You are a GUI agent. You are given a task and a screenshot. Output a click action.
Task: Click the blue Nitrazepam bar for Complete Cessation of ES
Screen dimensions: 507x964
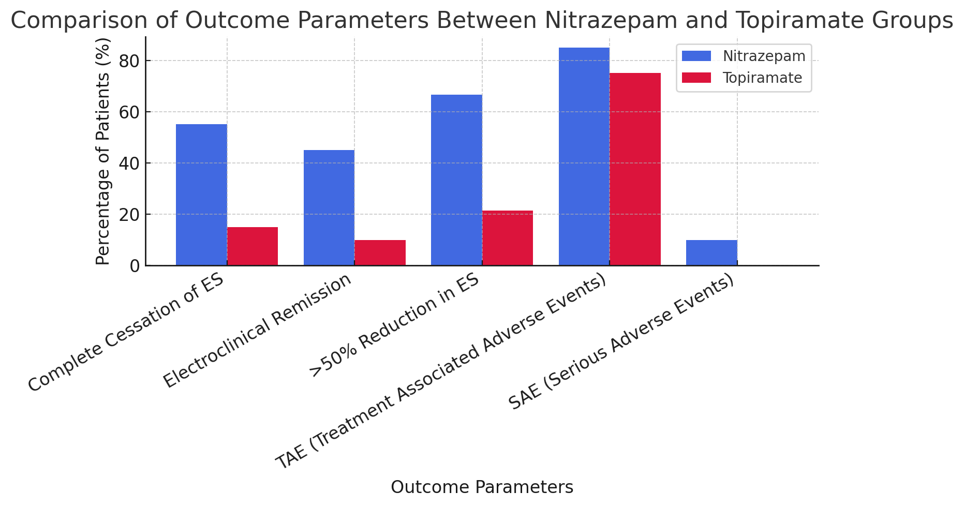pos(201,195)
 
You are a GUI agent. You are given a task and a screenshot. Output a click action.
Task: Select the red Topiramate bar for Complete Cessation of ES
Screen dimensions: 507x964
pos(253,246)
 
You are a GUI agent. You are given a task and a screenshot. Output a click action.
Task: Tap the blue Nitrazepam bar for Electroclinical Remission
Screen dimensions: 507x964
pos(329,207)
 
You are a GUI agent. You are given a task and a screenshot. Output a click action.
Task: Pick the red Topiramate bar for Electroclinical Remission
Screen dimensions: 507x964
pos(380,252)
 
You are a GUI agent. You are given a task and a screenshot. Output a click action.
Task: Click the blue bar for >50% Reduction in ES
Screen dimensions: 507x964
pos(456,180)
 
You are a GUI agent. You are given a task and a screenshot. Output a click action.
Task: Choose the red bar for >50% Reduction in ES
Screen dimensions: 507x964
pos(508,238)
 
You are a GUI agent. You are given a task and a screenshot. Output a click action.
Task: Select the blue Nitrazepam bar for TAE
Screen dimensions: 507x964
pos(584,156)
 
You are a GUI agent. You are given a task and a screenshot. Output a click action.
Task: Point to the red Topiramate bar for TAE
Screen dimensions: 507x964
pos(635,169)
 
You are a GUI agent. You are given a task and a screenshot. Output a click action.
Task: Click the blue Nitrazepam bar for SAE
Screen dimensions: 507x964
pos(711,252)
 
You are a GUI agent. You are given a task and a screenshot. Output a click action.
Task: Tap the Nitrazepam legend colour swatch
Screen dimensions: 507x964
pos(696,56)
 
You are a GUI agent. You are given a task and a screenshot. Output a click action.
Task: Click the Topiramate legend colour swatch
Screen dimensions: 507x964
pos(696,78)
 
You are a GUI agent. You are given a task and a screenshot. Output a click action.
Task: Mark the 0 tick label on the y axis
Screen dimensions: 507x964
pos(135,266)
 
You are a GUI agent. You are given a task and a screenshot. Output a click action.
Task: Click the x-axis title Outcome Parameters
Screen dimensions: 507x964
pos(482,487)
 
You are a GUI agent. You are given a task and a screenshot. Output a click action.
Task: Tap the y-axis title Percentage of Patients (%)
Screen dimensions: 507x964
pos(103,151)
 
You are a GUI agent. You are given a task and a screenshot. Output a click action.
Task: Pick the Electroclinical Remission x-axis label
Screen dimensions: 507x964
pos(258,331)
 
